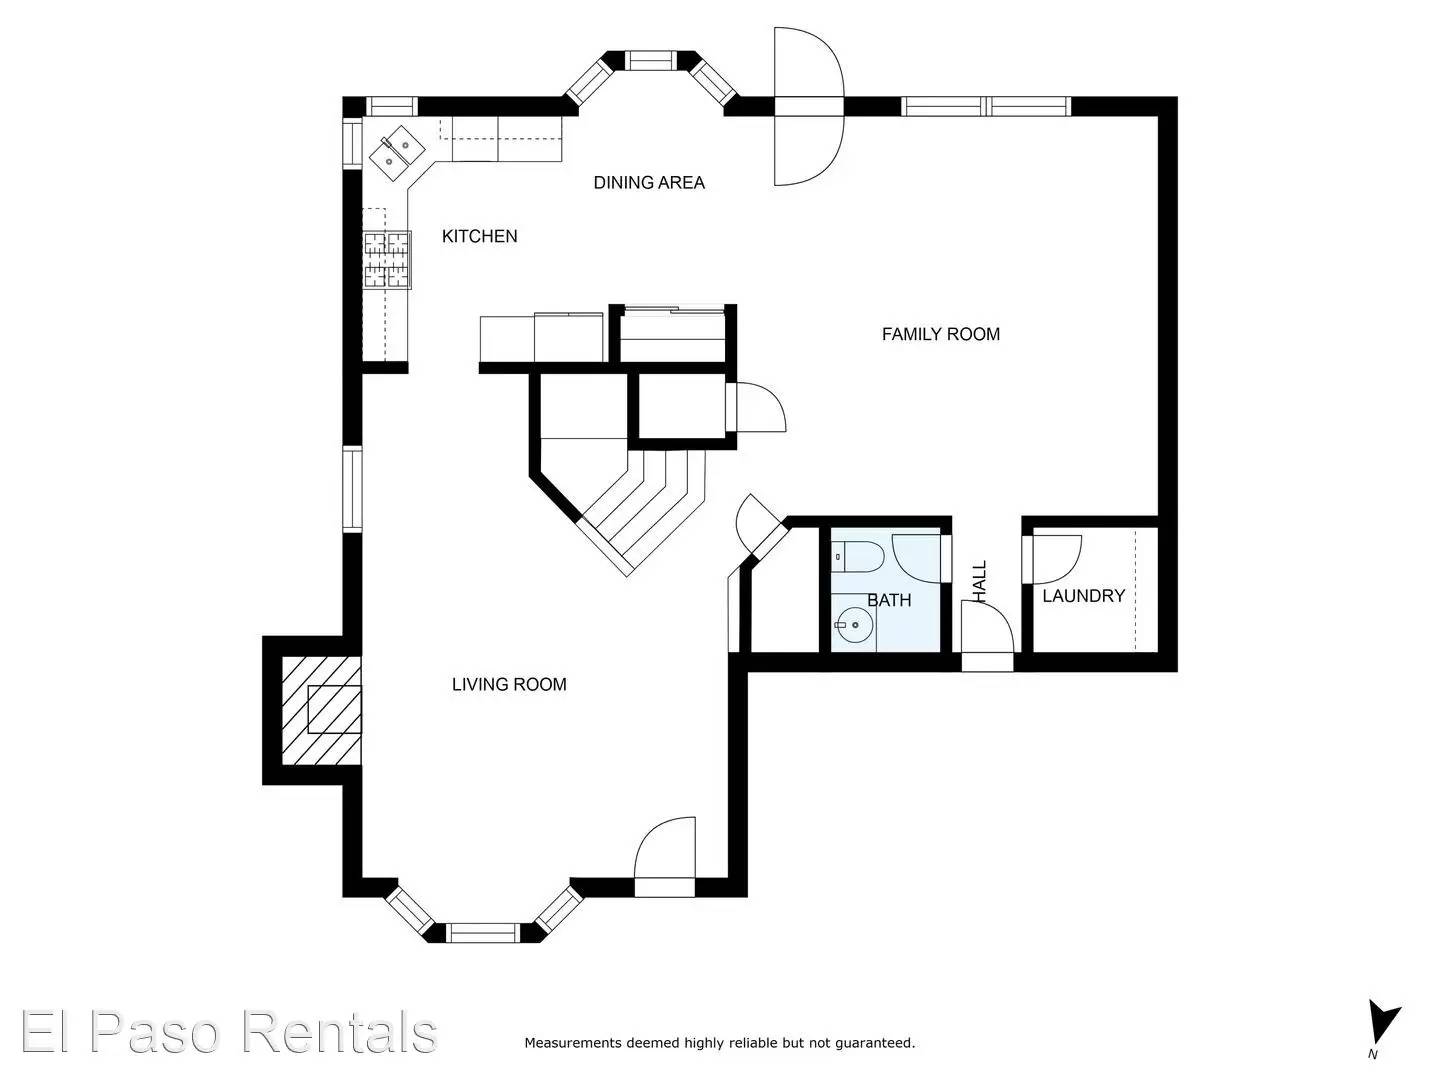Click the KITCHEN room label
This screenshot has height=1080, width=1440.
tap(479, 236)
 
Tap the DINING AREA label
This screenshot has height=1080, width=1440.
tap(649, 182)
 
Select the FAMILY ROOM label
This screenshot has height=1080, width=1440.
tap(940, 334)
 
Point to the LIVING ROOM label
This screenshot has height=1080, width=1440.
tap(509, 684)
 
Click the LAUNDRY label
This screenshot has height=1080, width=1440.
tap(1083, 596)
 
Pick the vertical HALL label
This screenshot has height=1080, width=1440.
tap(979, 581)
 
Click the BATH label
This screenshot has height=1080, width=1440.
tap(888, 600)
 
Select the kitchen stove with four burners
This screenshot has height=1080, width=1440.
tap(386, 259)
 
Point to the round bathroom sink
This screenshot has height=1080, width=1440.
tap(854, 627)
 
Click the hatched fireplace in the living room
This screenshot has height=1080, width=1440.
tap(320, 710)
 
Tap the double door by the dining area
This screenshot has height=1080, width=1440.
tap(808, 106)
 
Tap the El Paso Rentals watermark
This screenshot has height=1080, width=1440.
tap(228, 1032)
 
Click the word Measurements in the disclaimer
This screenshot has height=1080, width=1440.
tap(572, 1043)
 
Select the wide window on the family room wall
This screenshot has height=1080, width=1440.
tap(986, 106)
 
